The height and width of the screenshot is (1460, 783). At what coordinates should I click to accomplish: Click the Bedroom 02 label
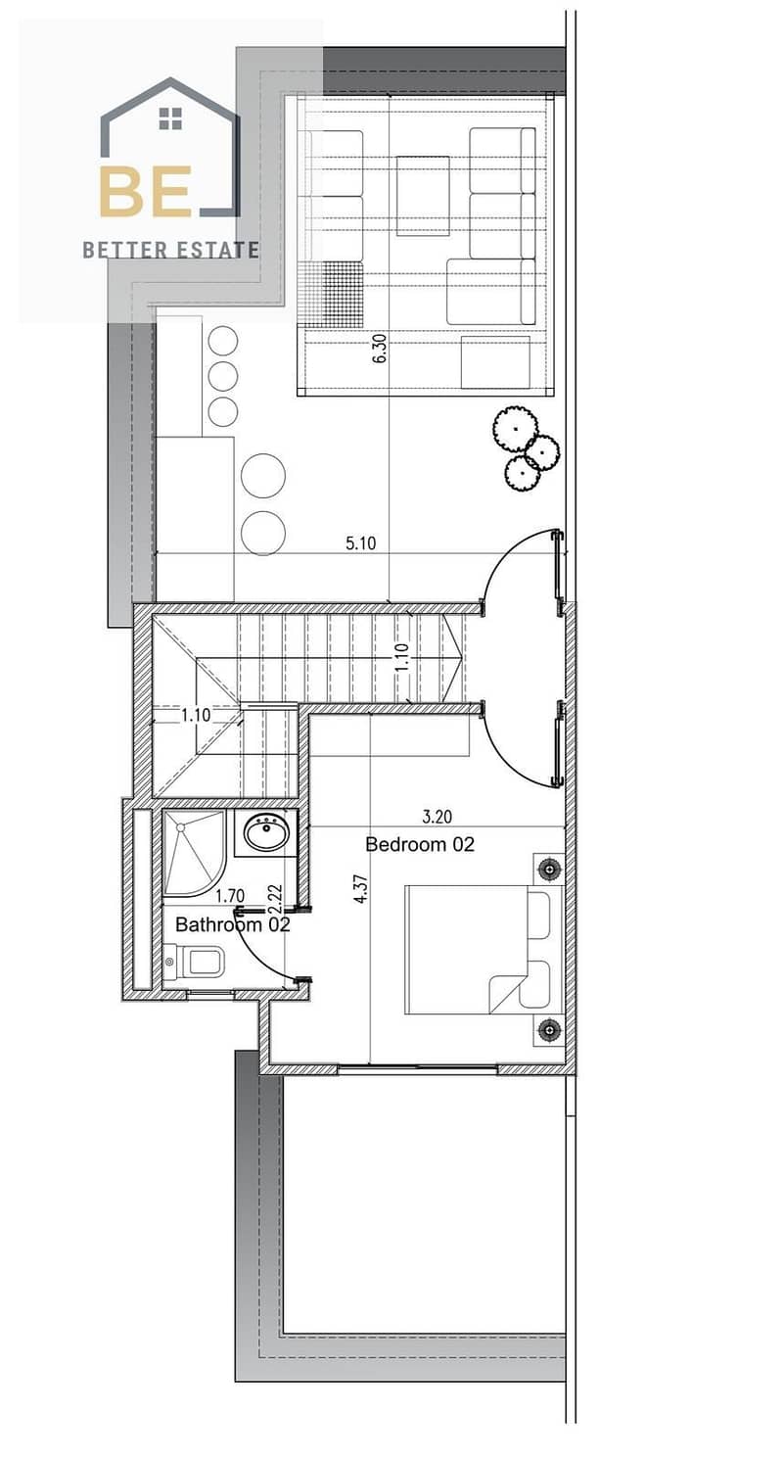(420, 844)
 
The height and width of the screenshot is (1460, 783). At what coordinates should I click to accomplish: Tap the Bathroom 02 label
(233, 924)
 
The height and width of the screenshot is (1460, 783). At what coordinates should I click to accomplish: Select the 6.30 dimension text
(380, 348)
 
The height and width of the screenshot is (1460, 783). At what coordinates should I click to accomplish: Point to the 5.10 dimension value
(361, 542)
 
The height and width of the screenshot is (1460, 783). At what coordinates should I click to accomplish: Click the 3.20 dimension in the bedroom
(438, 816)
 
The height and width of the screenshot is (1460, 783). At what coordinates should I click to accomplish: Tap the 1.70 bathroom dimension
(230, 896)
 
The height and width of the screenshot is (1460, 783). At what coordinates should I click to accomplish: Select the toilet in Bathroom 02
(194, 961)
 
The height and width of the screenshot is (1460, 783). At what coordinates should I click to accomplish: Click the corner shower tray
(194, 853)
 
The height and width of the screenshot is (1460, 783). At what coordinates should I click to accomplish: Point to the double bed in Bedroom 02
(484, 949)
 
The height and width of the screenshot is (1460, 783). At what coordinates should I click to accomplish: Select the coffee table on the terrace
(423, 196)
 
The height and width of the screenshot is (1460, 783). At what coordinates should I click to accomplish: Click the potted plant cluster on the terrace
(525, 449)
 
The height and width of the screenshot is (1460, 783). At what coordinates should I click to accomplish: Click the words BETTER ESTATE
(170, 250)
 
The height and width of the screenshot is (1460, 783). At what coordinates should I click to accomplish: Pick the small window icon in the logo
(170, 118)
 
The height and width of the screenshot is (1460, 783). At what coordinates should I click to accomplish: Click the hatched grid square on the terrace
(331, 294)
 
